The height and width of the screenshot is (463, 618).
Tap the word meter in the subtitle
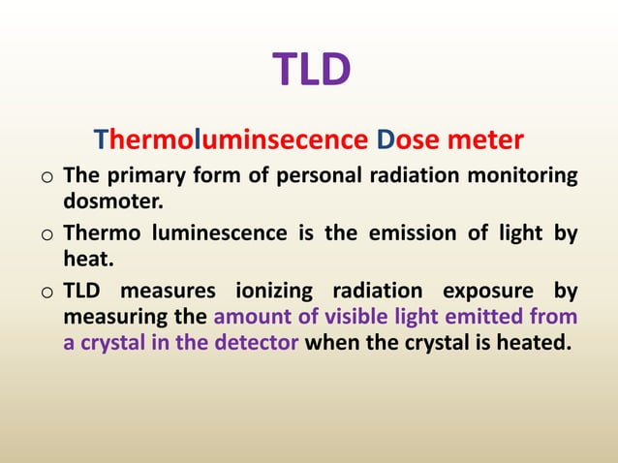486,141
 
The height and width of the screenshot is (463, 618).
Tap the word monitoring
522,177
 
